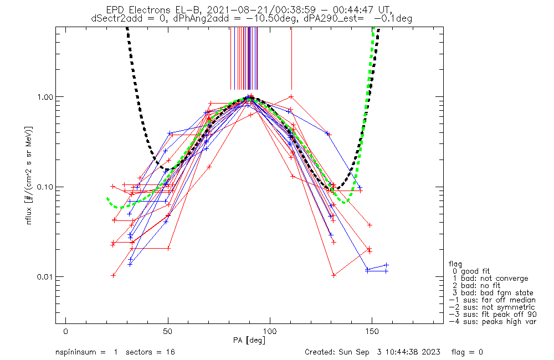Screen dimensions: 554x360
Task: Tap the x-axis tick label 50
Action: pyautogui.click(x=168, y=331)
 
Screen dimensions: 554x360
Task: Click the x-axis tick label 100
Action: pyautogui.click(x=270, y=331)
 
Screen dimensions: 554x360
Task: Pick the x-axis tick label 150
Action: pyautogui.click(x=372, y=331)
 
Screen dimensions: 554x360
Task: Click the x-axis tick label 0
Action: pyautogui.click(x=66, y=331)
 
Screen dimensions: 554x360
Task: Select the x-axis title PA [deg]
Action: pyautogui.click(x=249, y=340)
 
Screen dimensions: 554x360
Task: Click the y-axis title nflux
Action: pyautogui.click(x=29, y=215)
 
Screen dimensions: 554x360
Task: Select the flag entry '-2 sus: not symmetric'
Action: pyautogui.click(x=492, y=307)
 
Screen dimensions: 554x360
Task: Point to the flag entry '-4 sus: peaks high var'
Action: pyautogui.click(x=493, y=322)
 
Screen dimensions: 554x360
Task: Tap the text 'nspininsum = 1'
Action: pyautogui.click(x=86, y=352)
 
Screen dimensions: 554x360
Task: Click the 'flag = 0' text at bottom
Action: pyautogui.click(x=467, y=352)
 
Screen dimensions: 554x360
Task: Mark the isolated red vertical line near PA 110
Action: pyautogui.click(x=291, y=58)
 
